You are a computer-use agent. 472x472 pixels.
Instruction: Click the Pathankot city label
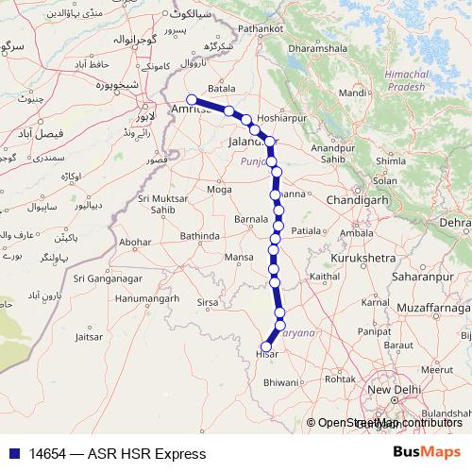[261, 29]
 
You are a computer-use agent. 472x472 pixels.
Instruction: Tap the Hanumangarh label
[143, 299]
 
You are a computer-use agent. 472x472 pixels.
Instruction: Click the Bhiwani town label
[280, 384]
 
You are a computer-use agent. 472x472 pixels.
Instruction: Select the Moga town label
[219, 190]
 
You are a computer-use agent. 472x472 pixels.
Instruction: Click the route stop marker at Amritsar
[192, 99]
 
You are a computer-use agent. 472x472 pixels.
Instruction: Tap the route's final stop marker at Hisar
[266, 346]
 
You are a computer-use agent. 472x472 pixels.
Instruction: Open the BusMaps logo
[428, 452]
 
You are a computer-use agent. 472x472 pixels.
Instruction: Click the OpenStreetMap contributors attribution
[391, 424]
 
